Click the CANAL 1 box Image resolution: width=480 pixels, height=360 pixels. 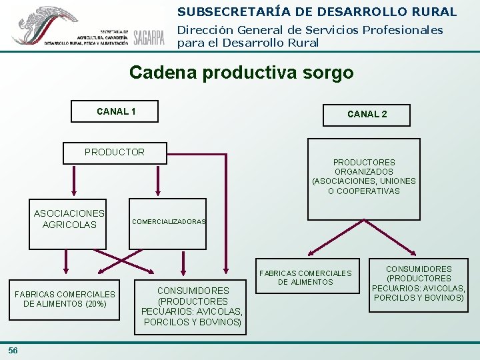coord(115,111)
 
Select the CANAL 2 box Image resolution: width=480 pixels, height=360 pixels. coord(367,114)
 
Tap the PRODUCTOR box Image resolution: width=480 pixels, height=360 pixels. coord(114,152)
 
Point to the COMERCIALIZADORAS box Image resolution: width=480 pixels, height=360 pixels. coord(169,221)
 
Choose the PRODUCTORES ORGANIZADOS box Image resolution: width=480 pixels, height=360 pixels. coord(363,177)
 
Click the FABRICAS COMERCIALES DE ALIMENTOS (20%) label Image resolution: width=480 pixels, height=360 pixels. coord(65,299)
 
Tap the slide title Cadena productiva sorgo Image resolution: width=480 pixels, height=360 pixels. coord(241,72)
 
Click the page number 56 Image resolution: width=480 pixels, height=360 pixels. coord(13,351)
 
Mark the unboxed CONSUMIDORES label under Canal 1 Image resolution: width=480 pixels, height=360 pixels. coord(193,306)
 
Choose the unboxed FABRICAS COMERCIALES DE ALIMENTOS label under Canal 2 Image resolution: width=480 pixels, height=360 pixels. coord(305,277)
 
